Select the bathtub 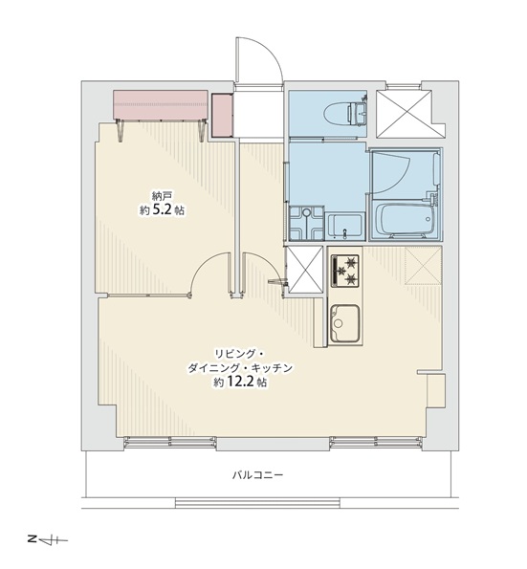[404, 220]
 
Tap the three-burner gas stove [344, 270]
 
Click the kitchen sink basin [344, 323]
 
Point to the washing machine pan [306, 223]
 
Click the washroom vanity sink [345, 227]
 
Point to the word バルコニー [257, 474]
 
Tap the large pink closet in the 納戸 [161, 104]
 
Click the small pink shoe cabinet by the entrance [222, 115]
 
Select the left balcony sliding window [170, 443]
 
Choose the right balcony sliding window [376, 443]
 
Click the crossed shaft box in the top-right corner [404, 114]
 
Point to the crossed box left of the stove [305, 270]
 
